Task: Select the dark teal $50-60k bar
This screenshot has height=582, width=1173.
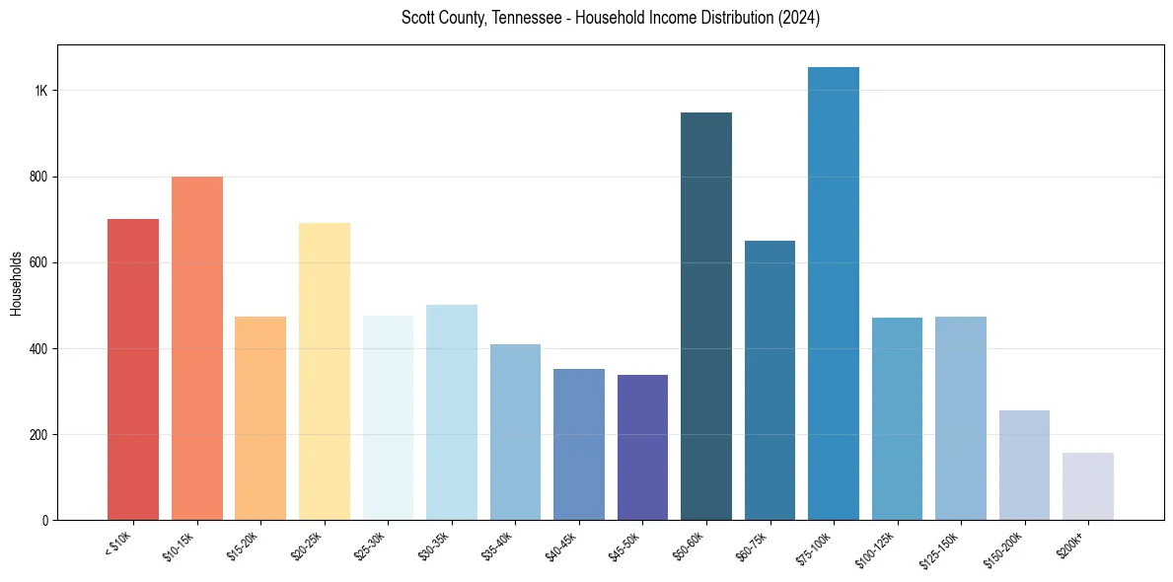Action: coord(706,317)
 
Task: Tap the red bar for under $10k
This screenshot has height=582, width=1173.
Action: coord(133,370)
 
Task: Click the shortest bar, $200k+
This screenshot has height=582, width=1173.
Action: coord(1088,486)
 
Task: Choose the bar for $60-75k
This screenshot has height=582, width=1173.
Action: coord(770,381)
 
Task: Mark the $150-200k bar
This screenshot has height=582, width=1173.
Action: coord(1024,465)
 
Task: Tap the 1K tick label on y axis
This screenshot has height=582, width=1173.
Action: coord(41,91)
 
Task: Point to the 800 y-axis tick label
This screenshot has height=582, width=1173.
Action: coord(38,177)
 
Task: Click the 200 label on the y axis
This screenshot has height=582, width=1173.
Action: coord(38,435)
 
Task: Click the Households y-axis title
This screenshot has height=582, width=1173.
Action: coord(16,284)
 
